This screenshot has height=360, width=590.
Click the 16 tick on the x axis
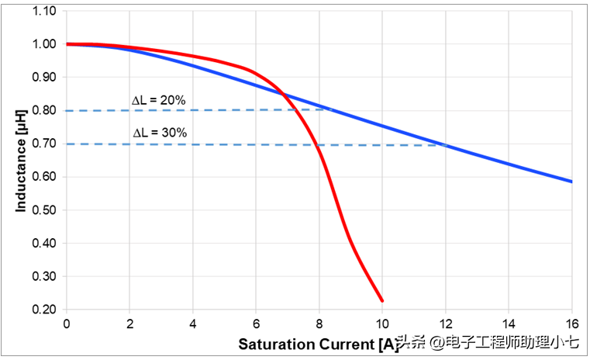[x=571, y=324]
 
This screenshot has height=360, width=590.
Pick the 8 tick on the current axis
[x=319, y=324]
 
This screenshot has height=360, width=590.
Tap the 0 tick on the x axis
[x=67, y=324]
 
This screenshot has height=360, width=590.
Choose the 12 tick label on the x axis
[x=445, y=324]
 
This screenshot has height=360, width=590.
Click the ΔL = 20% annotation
[x=159, y=100]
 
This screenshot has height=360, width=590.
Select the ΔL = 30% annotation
[x=160, y=133]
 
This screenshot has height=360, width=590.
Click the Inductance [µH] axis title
[x=21, y=161]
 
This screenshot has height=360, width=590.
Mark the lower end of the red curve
[x=382, y=300]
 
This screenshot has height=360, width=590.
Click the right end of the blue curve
[x=571, y=182]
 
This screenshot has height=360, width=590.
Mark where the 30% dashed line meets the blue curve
[x=445, y=144]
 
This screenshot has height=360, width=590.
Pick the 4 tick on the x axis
[x=192, y=324]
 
